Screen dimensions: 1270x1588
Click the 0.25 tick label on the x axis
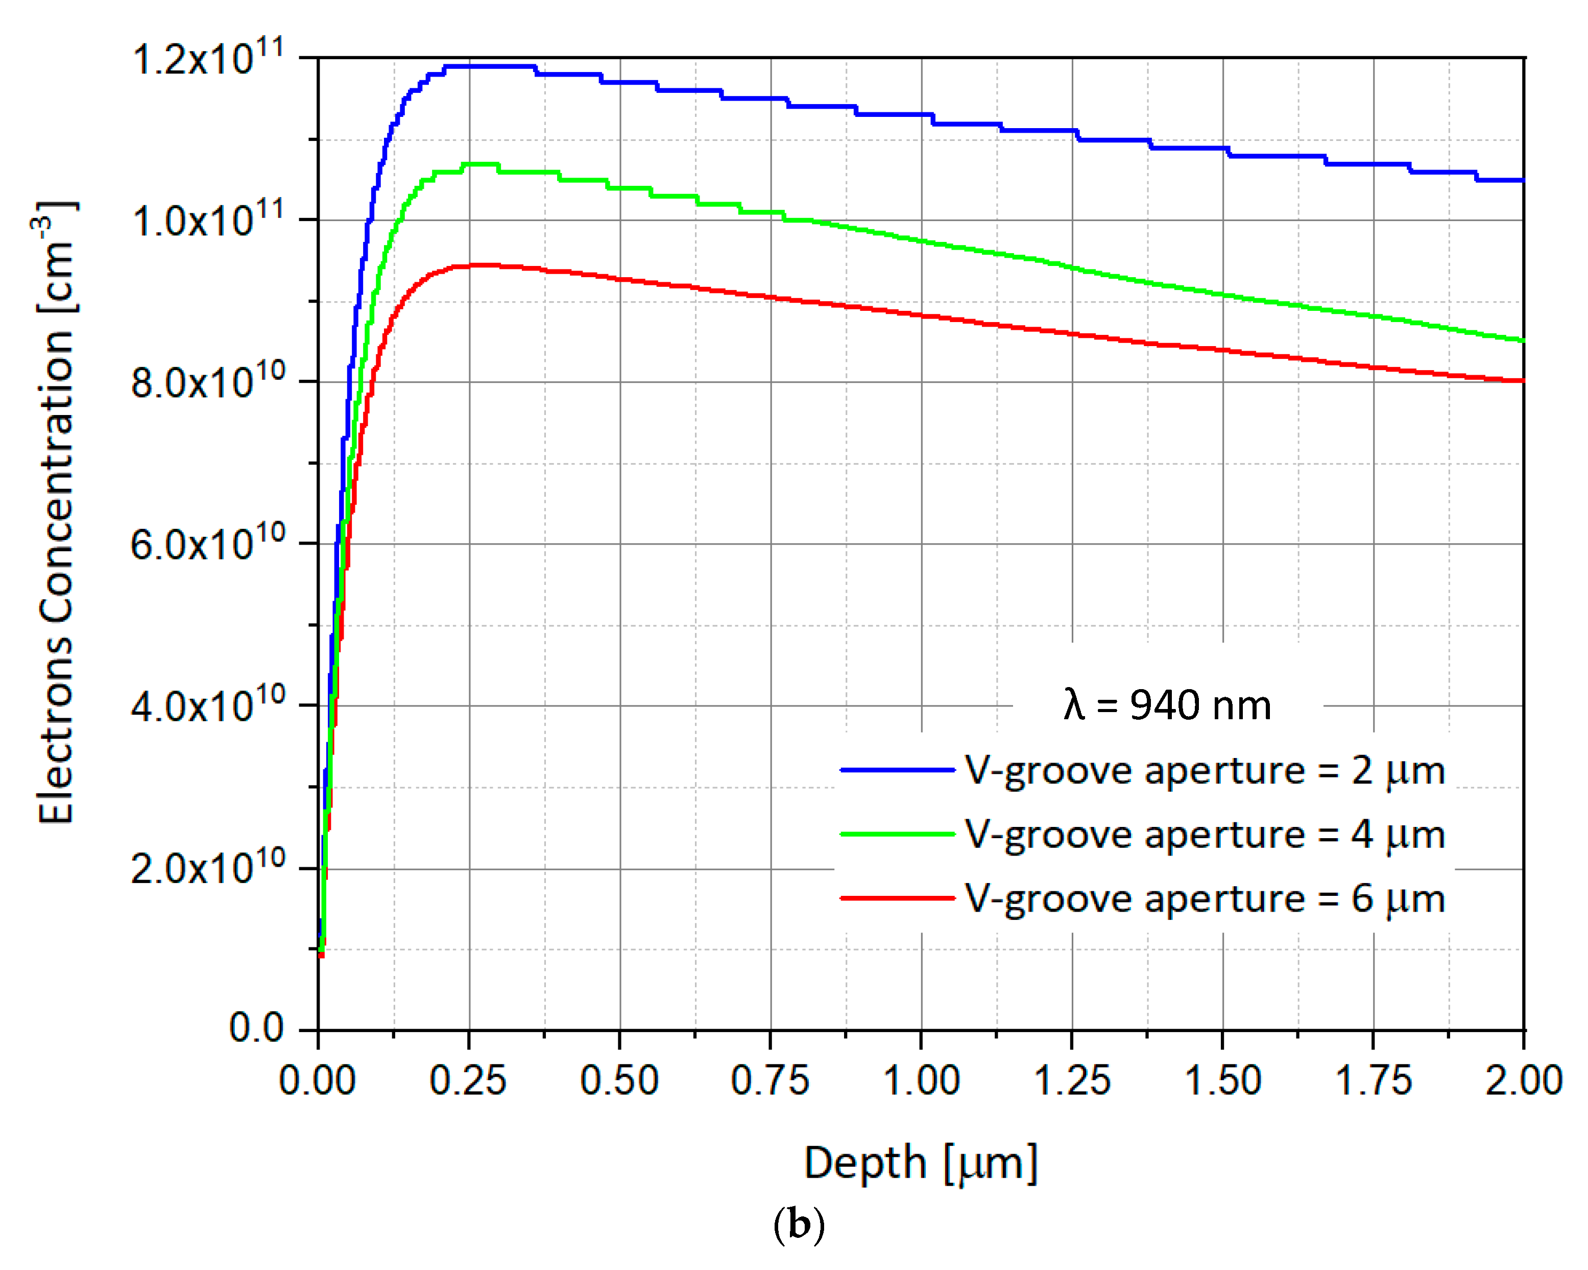[x=468, y=1081]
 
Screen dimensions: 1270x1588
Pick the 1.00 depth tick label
[x=922, y=1081]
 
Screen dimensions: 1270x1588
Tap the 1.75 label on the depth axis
[x=1374, y=1081]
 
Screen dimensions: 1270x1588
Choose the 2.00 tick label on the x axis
[x=1523, y=1081]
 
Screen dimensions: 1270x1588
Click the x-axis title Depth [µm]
[x=921, y=1163]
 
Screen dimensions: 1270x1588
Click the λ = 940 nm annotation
[x=1167, y=705]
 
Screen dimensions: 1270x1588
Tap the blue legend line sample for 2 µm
[x=897, y=770]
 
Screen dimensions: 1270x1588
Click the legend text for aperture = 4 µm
[x=1205, y=834]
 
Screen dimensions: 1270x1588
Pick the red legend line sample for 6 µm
[x=897, y=898]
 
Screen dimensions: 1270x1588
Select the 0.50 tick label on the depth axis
[x=619, y=1081]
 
